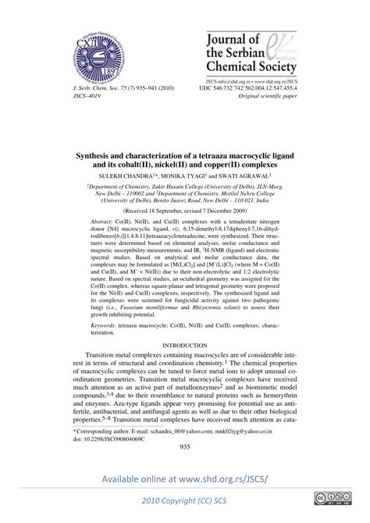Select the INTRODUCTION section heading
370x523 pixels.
pyautogui.click(x=185, y=366)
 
